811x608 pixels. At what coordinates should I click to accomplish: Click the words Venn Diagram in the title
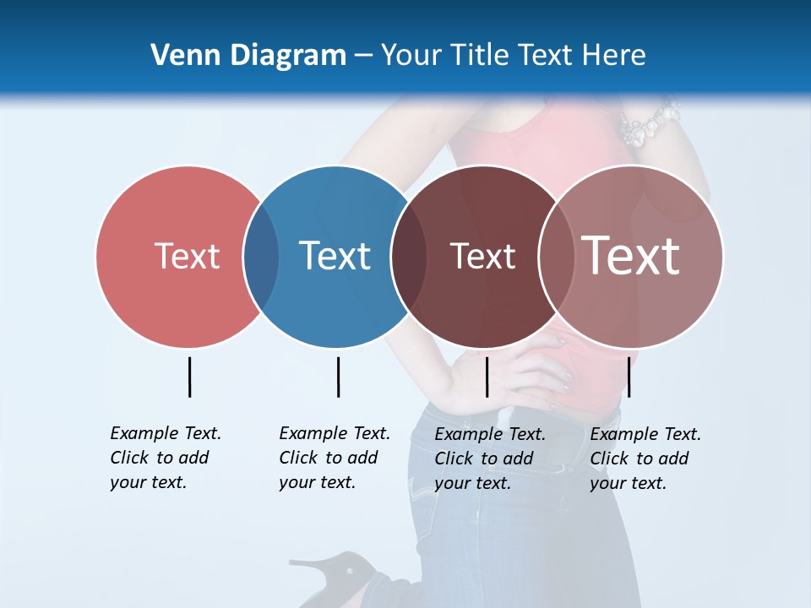[x=248, y=56]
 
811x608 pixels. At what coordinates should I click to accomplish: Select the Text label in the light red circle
[x=187, y=256]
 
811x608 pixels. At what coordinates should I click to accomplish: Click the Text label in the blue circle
[x=335, y=256]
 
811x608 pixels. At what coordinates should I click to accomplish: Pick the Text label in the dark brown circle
[x=482, y=256]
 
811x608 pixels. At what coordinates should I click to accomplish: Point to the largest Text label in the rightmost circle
[x=630, y=256]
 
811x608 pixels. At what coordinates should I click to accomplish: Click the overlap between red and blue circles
[x=261, y=257]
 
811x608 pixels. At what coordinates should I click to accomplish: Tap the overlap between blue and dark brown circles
[x=408, y=257]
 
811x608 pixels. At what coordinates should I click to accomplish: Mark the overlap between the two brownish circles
[x=556, y=257]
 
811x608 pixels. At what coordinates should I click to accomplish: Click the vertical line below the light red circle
[x=189, y=377]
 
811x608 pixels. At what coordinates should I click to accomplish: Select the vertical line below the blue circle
[x=338, y=377]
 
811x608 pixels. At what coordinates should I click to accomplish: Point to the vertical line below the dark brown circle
[x=487, y=377]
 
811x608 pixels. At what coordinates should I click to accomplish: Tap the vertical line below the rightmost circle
[x=629, y=377]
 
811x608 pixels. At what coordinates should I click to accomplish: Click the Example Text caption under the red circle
[x=165, y=458]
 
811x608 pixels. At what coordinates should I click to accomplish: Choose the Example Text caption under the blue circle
[x=334, y=458]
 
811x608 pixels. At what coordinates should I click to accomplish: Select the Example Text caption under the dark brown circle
[x=489, y=459]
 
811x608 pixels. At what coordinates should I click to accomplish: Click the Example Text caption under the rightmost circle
[x=645, y=459]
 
